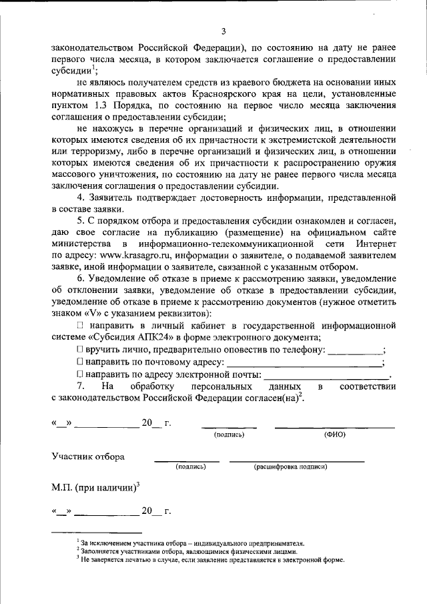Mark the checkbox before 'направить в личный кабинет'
click(80, 324)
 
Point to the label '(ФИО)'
click(334, 434)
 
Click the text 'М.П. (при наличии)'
click(93, 488)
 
